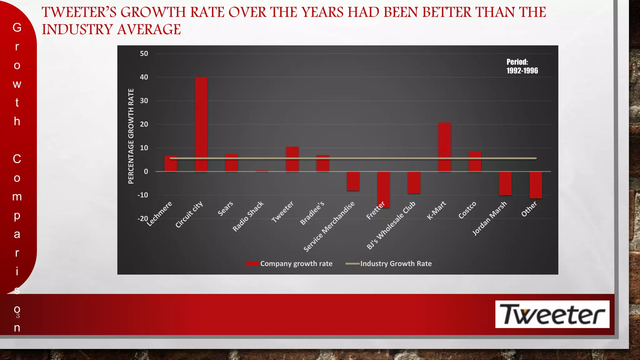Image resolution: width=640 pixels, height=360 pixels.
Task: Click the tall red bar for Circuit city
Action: coord(201,124)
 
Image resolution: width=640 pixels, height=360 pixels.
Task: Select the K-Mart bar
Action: coord(444,147)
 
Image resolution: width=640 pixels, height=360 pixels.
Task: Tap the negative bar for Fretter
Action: coord(383,189)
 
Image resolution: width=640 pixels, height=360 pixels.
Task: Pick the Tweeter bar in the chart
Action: coord(292,159)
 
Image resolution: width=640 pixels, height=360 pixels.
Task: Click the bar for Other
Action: coord(536,185)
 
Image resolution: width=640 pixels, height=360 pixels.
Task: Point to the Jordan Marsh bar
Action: coord(505,183)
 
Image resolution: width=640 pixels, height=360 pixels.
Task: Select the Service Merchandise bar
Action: coord(353,181)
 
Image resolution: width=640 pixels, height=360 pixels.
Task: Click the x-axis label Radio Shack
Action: coord(248,217)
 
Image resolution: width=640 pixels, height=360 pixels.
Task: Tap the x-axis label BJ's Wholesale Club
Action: coord(391,225)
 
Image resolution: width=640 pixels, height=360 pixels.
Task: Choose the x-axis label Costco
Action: coord(467,210)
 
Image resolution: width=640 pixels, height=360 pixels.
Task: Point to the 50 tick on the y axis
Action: coord(144,53)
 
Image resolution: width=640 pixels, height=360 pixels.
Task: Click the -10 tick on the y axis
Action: coord(143,195)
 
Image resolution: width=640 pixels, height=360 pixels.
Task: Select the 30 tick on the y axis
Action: coord(144,101)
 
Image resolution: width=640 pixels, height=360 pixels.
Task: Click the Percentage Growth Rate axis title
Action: coord(131,136)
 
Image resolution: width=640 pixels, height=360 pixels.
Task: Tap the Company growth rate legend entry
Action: coord(289,263)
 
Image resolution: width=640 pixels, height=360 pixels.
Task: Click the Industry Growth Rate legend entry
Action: coord(389,263)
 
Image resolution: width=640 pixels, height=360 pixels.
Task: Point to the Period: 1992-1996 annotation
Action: coord(522,66)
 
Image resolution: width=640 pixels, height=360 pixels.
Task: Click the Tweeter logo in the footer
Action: coord(552,314)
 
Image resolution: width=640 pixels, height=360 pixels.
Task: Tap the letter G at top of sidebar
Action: coord(17,27)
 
